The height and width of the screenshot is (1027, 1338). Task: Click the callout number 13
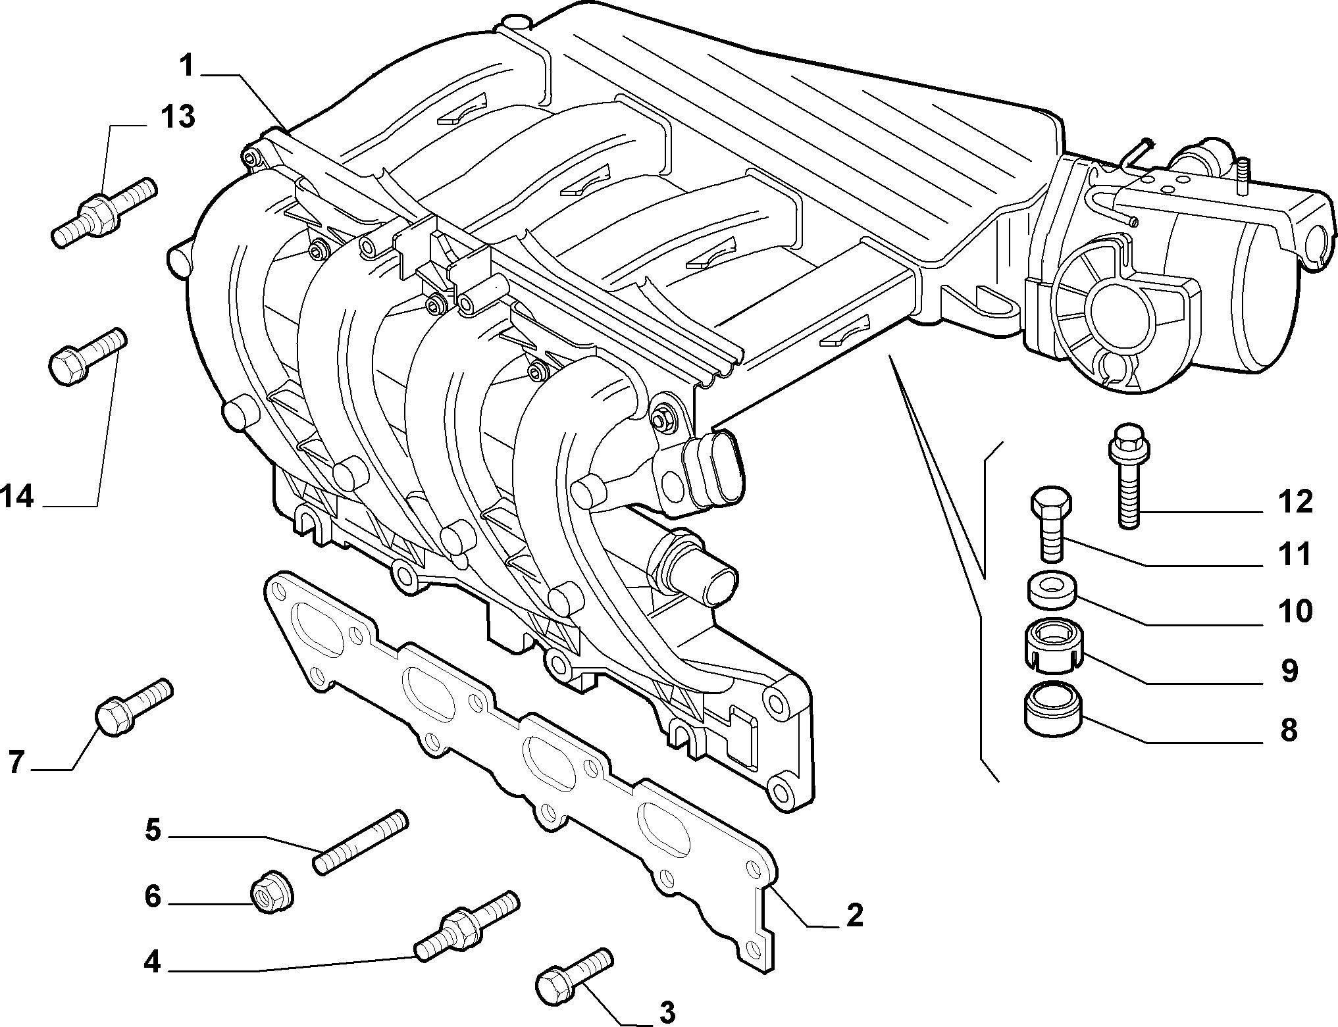point(178,116)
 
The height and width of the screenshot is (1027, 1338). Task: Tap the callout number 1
point(187,66)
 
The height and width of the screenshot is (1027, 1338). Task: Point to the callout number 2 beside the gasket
point(854,914)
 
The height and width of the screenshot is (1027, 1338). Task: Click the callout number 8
point(1288,730)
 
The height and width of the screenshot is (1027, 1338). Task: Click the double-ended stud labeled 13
point(104,213)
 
